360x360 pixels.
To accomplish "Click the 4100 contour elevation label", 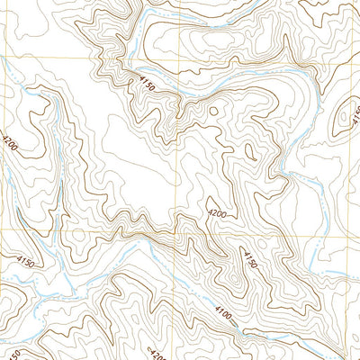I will [x=222, y=310].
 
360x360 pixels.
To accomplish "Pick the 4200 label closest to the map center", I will [x=216, y=215].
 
